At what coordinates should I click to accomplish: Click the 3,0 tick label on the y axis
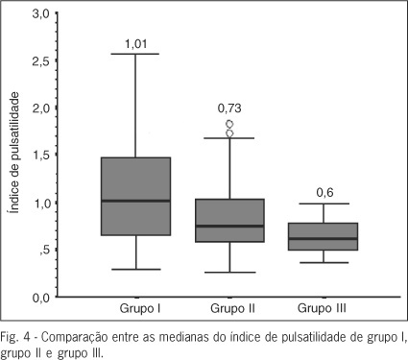(40, 14)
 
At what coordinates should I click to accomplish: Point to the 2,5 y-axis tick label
(40, 61)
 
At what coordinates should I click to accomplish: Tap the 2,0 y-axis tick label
(40, 108)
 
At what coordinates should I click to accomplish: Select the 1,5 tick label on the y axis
(40, 156)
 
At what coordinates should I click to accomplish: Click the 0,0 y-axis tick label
(40, 298)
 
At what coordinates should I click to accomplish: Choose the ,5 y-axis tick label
(44, 251)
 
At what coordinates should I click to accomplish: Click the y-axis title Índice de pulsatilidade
(14, 153)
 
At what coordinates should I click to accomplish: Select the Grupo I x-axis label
(140, 309)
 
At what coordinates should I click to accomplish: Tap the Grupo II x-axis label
(232, 309)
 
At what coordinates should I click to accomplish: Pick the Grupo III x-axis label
(322, 309)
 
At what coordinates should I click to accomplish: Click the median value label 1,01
(136, 44)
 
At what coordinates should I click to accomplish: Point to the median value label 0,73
(229, 108)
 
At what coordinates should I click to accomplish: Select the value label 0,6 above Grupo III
(324, 193)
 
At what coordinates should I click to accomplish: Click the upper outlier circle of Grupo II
(229, 124)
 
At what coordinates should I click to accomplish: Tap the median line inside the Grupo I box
(135, 201)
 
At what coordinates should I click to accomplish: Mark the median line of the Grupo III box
(324, 238)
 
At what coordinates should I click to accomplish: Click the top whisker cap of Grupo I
(135, 54)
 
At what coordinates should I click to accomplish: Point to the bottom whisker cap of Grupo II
(229, 273)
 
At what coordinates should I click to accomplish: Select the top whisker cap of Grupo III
(324, 204)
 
